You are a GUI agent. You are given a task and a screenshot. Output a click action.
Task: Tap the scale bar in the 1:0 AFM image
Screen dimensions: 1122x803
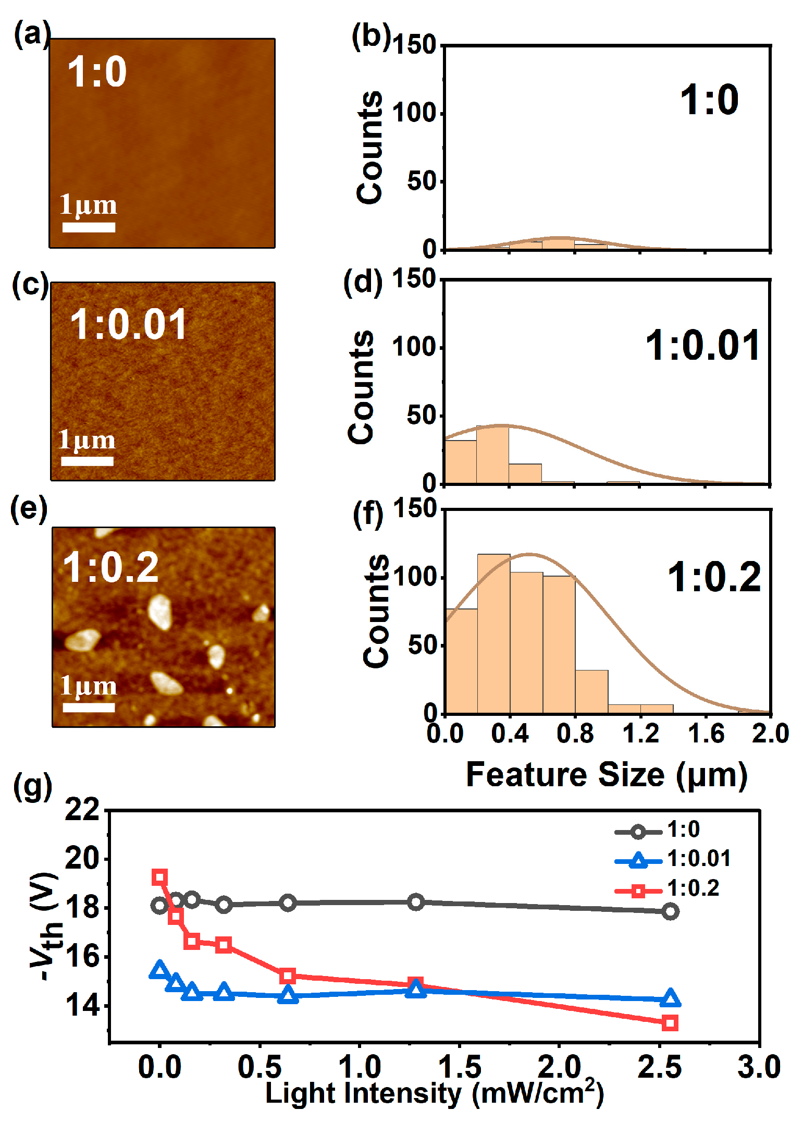(89, 227)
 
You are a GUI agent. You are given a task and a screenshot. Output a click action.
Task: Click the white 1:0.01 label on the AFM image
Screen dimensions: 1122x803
(128, 324)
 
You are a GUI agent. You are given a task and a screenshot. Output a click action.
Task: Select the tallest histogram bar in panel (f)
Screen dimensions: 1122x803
(493, 633)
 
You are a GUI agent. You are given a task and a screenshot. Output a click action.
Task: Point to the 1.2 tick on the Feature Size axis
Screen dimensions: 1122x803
(640, 734)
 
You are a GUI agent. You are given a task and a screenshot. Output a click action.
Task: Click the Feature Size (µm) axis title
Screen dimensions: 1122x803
(607, 775)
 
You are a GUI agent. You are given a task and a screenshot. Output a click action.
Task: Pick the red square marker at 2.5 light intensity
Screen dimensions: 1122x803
(670, 1023)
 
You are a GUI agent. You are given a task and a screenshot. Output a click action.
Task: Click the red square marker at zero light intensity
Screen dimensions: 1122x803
(159, 877)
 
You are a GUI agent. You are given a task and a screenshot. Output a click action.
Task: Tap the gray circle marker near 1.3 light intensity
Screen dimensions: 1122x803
(415, 902)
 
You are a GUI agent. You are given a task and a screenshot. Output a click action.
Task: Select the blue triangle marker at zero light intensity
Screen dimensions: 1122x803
(159, 969)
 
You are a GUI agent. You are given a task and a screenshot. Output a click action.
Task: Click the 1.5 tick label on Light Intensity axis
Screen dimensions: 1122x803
(459, 1066)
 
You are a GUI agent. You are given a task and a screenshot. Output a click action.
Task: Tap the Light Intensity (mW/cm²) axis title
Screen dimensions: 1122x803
(434, 1093)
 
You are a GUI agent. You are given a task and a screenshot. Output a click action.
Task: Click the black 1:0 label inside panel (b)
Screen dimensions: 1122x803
(709, 100)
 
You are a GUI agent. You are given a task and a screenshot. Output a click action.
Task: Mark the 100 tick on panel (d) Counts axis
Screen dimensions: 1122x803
(413, 347)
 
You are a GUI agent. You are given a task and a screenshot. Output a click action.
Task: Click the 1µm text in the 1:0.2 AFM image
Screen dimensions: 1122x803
(88, 686)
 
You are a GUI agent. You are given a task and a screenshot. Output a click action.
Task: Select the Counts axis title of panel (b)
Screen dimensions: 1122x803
(369, 148)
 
